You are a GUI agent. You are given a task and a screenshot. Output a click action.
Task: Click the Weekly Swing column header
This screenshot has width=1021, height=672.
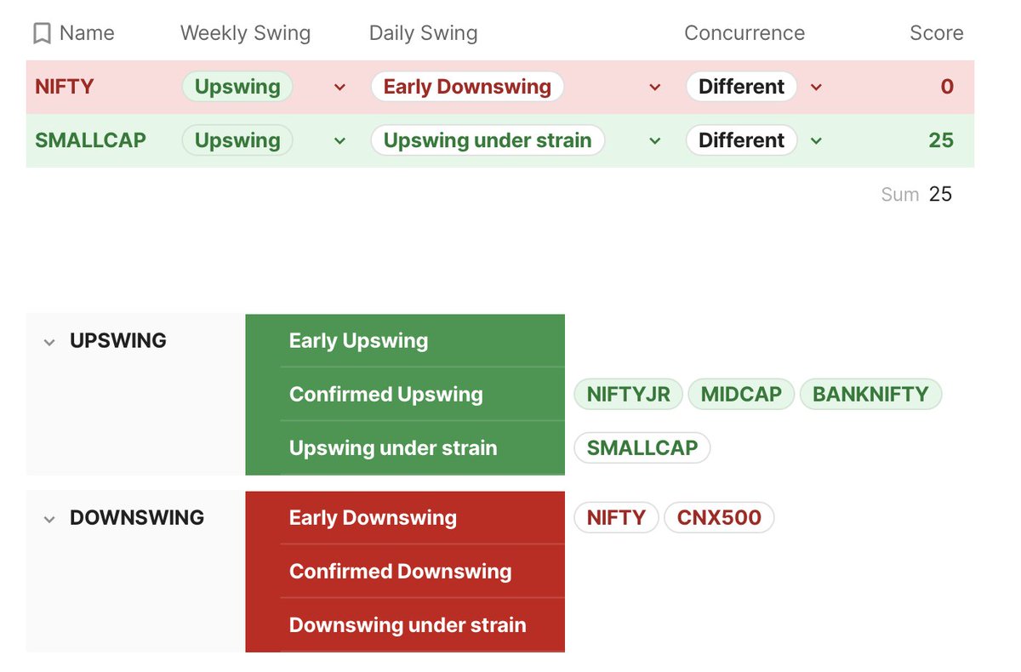click(245, 33)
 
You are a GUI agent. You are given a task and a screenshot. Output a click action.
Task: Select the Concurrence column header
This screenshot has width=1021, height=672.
click(744, 33)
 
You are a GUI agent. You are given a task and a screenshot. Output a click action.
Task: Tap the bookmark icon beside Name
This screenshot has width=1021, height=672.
click(42, 34)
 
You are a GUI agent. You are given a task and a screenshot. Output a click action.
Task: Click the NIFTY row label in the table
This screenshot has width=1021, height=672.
click(64, 87)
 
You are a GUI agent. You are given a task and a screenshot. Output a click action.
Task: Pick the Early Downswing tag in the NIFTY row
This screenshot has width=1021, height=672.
click(467, 87)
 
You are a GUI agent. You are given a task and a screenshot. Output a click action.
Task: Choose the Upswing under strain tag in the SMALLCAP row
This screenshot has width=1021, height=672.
click(487, 140)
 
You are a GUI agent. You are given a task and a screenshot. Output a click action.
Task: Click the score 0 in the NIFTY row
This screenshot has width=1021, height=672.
click(946, 87)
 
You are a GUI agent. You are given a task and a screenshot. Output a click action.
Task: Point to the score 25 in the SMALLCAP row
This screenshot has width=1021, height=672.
click(940, 140)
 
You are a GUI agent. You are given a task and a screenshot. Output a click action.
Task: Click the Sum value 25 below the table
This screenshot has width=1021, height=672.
click(940, 194)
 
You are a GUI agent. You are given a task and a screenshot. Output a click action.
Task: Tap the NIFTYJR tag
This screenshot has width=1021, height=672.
click(628, 395)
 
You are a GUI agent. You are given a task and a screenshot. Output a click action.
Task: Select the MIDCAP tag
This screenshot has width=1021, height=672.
click(740, 395)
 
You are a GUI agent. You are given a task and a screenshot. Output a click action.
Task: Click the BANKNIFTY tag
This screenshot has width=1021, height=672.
click(870, 395)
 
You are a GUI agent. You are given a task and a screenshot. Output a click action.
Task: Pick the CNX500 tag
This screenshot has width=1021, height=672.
click(719, 517)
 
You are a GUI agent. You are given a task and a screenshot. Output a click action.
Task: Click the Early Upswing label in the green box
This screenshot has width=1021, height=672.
click(358, 341)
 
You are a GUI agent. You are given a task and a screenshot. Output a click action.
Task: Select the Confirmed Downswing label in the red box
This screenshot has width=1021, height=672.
click(400, 572)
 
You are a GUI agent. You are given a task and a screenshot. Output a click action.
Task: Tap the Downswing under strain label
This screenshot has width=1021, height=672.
click(407, 625)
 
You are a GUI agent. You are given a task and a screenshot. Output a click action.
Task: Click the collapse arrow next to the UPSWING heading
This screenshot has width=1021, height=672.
click(49, 342)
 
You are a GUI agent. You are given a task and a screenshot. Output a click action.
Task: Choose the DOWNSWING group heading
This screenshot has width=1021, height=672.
click(136, 517)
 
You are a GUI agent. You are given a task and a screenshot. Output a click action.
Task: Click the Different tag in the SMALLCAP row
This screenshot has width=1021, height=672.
click(741, 140)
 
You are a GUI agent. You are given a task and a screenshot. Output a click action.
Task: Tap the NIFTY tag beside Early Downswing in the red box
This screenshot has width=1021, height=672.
click(616, 517)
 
